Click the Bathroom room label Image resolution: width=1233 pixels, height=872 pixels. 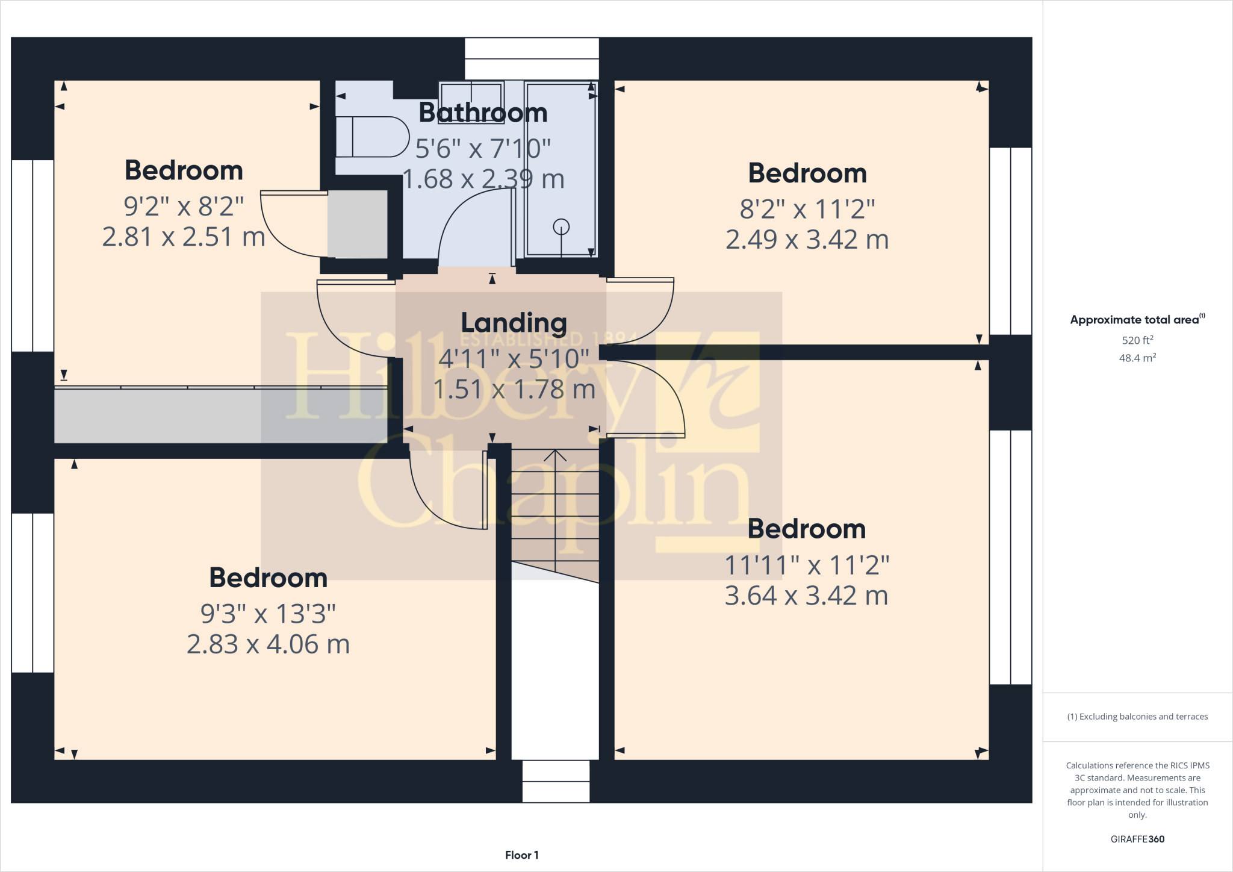[483, 113]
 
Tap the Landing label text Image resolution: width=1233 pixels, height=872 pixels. [514, 323]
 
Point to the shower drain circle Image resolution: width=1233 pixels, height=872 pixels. [561, 227]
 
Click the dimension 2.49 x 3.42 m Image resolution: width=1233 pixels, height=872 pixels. [807, 240]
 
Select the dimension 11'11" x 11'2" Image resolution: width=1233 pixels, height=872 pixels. [807, 565]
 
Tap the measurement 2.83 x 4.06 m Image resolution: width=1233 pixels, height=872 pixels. [268, 644]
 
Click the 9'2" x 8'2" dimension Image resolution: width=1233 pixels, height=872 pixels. [184, 207]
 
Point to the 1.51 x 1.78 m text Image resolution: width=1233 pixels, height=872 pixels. [514, 390]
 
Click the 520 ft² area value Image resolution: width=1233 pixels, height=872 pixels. [1137, 340]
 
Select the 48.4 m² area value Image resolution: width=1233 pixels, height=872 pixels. [1137, 358]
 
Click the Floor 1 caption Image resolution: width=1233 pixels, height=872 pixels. [521, 855]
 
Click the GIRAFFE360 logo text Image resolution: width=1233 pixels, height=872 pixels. [1137, 839]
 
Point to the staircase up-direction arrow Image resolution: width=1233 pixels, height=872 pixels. [555, 456]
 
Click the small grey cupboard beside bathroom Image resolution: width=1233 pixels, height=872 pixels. [357, 224]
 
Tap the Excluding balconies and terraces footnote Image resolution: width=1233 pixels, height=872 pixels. [1137, 717]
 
